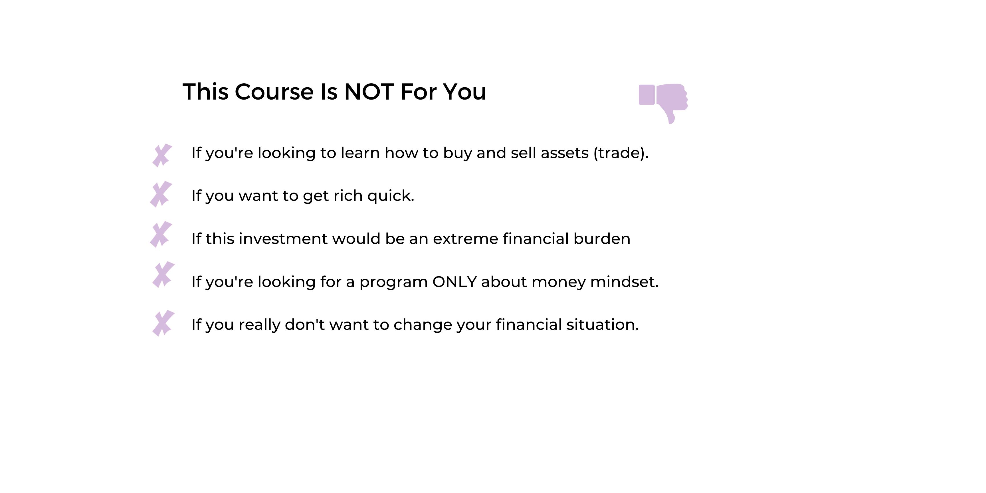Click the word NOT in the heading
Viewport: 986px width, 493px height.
pyautogui.click(x=369, y=92)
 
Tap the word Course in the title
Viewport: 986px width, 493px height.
pyautogui.click(x=274, y=92)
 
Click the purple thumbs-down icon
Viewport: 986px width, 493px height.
pyautogui.click(x=663, y=103)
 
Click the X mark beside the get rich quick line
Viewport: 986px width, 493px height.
pyautogui.click(x=161, y=195)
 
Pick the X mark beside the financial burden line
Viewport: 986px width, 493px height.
pyautogui.click(x=161, y=234)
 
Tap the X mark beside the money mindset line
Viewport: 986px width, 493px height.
pyautogui.click(x=163, y=274)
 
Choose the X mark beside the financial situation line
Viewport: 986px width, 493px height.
pyautogui.click(x=163, y=324)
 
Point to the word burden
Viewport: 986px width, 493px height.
pyautogui.click(x=602, y=239)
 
